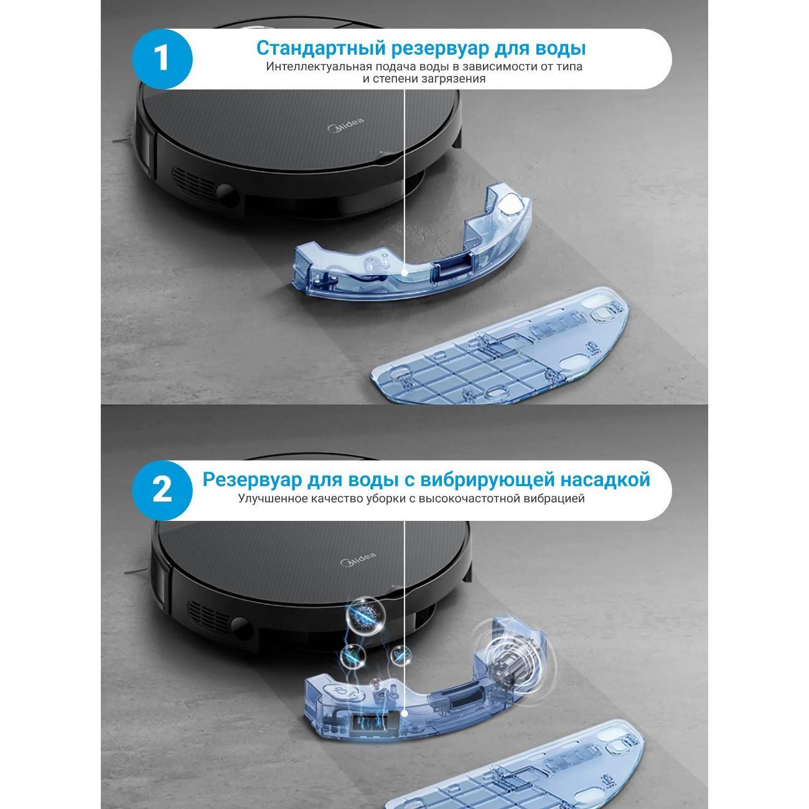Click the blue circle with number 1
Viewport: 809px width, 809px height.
pos(162,58)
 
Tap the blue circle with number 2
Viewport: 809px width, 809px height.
pos(162,490)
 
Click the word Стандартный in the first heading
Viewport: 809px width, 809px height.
pos(320,49)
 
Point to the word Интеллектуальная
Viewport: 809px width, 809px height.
pos(319,67)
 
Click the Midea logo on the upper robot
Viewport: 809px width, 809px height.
pos(345,124)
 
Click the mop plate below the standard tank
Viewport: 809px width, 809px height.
pos(500,346)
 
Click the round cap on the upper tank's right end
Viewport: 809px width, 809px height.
pos(513,203)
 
